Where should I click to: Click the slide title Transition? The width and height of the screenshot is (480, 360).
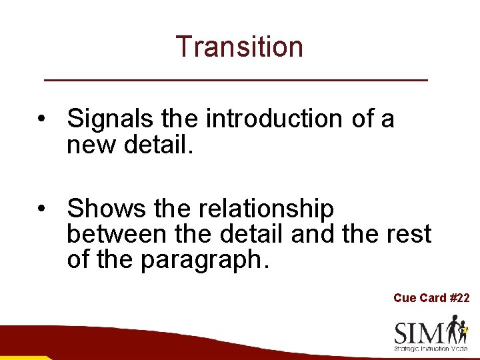click(239, 47)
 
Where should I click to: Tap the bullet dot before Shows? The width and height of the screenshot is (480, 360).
click(42, 209)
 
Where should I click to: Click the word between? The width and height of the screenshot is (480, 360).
click(117, 234)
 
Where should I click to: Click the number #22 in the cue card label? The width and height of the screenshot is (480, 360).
click(459, 298)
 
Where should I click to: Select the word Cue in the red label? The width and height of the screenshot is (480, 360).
click(404, 298)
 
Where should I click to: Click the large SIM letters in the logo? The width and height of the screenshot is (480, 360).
click(420, 333)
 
